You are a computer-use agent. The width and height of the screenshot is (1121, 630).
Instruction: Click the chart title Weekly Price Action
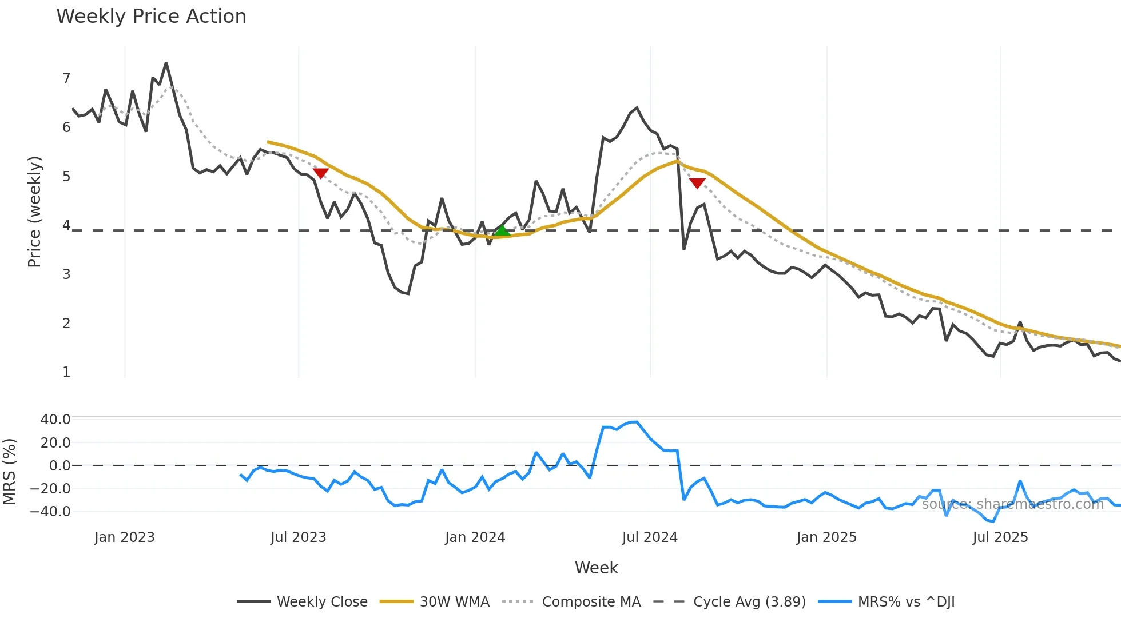pos(151,17)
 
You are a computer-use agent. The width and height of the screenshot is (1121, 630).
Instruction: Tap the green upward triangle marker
pos(502,230)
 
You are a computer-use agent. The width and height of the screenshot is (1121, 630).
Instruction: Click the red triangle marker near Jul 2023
pos(321,173)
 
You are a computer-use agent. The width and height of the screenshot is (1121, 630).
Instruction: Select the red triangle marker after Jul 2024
pos(697,183)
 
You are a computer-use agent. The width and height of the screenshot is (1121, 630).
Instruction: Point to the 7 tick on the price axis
pos(66,78)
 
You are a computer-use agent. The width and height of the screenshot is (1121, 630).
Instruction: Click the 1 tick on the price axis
pos(66,372)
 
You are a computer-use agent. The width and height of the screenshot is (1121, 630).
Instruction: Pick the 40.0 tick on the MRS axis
pos(55,420)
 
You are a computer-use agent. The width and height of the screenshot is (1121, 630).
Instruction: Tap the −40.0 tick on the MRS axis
pos(51,512)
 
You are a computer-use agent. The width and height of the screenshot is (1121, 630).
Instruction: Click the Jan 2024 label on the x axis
pos(475,537)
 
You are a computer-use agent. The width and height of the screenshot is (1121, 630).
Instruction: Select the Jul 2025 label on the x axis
pos(1000,537)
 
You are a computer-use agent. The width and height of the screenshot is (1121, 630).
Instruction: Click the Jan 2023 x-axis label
pos(125,537)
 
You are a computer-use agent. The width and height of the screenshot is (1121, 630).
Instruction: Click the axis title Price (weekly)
pos(34,212)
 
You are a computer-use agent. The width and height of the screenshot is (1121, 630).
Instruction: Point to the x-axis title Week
pos(596,568)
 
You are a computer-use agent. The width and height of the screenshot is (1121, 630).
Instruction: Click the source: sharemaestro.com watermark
pos(1012,504)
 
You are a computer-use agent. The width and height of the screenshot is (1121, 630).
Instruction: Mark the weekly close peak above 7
pos(166,63)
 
